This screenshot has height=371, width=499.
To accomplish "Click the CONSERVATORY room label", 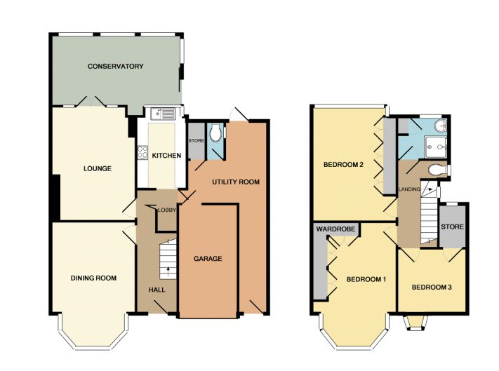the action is click(116, 67).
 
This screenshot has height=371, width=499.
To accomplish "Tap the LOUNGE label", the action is click(98, 168).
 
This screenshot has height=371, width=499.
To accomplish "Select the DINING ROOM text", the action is click(93, 278).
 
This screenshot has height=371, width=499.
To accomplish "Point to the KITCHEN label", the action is click(166, 156).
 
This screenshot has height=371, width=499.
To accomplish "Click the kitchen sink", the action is click(163, 114).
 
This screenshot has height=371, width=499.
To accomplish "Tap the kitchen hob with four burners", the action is click(142, 153).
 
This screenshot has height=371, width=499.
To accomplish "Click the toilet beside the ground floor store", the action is click(215, 133).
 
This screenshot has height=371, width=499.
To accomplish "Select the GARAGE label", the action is click(208, 259).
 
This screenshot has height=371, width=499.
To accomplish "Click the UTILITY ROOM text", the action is click(236, 182).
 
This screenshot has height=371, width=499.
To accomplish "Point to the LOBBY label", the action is click(167, 210).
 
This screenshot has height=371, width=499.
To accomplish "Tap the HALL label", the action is click(157, 290).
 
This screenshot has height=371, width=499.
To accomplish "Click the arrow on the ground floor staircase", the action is click(168, 270).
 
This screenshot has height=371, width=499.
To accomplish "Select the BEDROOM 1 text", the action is click(366, 279).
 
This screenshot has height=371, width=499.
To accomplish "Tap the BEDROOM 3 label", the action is click(432, 288).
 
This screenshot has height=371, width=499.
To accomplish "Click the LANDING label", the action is click(409, 189).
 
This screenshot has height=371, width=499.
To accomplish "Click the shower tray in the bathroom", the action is click(436, 147).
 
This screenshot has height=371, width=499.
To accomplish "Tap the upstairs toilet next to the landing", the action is click(437, 170).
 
